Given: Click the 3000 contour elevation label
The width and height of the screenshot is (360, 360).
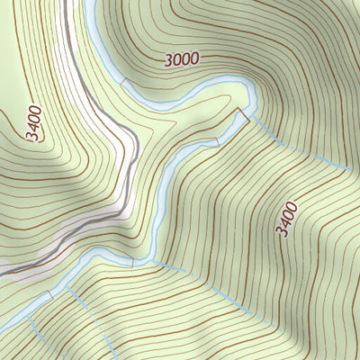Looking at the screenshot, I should (x=181, y=59).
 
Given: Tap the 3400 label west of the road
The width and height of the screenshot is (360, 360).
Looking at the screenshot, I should (x=35, y=122).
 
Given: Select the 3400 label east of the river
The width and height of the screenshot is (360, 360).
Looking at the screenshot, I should (x=286, y=220).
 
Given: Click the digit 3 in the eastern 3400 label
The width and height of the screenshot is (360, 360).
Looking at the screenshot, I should (x=282, y=232).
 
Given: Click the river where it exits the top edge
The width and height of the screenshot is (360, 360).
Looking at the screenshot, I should (x=90, y=4).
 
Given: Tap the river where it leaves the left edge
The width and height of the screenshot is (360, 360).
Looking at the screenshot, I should (x=3, y=325).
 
